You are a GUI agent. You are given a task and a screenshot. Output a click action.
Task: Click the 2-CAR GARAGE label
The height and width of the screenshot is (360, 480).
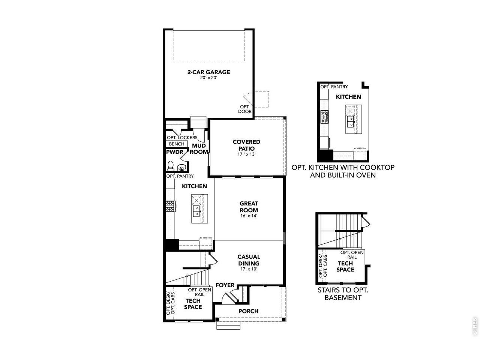click(208, 72)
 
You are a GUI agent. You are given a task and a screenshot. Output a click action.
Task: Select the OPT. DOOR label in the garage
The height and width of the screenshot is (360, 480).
click(245, 109)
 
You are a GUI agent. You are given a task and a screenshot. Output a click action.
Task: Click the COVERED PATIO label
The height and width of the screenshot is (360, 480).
click(246, 145)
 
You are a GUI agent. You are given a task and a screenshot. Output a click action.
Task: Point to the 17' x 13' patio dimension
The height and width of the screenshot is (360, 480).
click(246, 154)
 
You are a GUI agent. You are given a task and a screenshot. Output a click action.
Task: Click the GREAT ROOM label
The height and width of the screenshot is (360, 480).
click(249, 207)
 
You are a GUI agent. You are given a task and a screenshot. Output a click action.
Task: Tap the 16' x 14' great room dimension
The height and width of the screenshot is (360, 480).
click(249, 216)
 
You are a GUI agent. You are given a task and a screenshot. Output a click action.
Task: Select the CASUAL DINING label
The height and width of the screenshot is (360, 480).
click(249, 259)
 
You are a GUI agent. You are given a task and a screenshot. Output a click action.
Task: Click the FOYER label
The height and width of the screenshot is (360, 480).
click(225, 285)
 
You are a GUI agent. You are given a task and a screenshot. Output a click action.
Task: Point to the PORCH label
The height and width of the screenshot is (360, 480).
click(248, 311)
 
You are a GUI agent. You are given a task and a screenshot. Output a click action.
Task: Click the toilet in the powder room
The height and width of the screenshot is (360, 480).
click(171, 165)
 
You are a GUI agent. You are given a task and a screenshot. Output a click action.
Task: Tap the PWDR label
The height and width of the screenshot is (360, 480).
click(174, 152)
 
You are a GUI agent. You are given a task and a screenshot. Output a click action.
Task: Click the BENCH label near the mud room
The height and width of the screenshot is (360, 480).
click(176, 144)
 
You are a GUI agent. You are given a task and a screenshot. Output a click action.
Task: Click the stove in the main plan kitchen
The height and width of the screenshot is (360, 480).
click(171, 206)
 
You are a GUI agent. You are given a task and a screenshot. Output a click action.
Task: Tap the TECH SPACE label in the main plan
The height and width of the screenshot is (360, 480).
click(193, 304)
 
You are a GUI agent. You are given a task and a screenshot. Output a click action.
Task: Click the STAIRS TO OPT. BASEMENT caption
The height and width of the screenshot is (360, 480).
click(343, 294)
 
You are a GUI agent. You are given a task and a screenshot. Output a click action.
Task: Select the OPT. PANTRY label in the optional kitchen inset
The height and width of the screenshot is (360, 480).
click(334, 87)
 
